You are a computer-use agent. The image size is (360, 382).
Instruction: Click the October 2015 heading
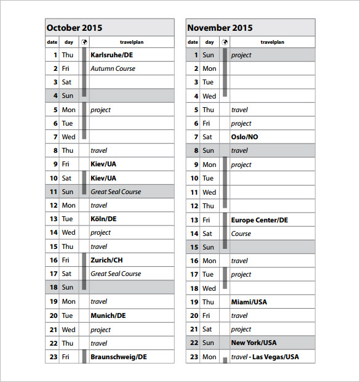tap(74, 28)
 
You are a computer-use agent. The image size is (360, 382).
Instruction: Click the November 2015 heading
tap(220, 28)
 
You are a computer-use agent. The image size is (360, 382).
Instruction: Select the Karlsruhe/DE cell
tap(111, 55)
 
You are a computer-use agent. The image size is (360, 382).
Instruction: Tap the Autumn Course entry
tap(113, 68)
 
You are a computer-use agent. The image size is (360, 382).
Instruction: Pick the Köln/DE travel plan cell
tap(103, 219)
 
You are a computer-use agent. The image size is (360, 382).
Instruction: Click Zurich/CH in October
tap(106, 260)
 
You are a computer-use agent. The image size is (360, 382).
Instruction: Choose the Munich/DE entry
tap(108, 315)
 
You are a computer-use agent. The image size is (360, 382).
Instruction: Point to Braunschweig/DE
tap(118, 356)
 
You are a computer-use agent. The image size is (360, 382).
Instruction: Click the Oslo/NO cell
tap(244, 137)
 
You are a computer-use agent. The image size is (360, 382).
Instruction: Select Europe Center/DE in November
tap(259, 220)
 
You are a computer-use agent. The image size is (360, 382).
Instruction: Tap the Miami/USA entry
tap(249, 302)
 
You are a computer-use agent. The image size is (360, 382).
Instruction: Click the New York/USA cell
tap(254, 343)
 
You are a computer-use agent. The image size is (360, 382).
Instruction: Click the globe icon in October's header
tap(84, 42)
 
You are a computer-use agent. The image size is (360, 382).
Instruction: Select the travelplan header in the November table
tap(272, 42)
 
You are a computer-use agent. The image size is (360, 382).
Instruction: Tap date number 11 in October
tap(54, 192)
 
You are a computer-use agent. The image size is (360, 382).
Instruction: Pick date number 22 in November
tap(194, 343)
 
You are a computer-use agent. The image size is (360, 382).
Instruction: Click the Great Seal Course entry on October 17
tap(116, 274)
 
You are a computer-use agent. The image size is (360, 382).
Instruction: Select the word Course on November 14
tap(241, 234)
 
